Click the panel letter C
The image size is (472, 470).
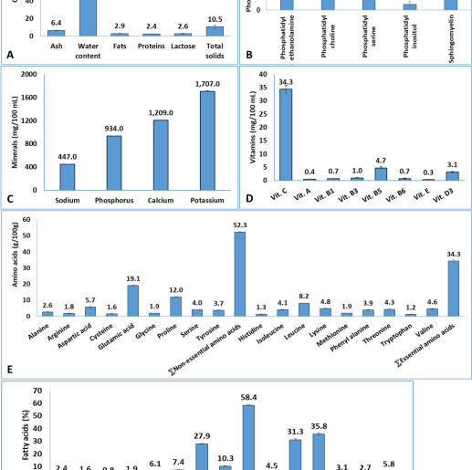(10, 199)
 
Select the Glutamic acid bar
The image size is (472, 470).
(133, 301)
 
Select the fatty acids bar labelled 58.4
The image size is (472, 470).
(247, 437)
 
